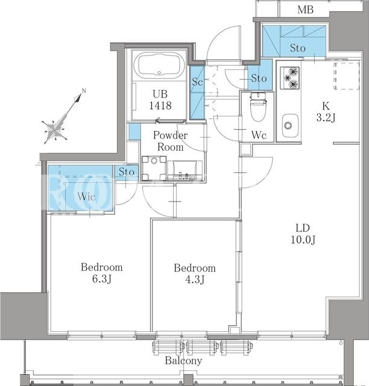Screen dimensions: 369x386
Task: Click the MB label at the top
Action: (305, 10)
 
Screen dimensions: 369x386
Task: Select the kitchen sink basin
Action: (290, 125)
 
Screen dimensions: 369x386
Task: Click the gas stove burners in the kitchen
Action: (291, 78)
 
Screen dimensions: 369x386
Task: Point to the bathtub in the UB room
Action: (159, 65)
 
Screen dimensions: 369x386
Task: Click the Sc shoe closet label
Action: (197, 82)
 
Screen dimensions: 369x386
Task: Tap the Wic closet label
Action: (86, 197)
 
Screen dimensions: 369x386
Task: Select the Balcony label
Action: (184, 361)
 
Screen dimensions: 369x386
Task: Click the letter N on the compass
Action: (84, 91)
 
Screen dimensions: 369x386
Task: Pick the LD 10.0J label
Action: (303, 234)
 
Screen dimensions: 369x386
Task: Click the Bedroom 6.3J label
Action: (102, 273)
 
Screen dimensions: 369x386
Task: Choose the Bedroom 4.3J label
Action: (195, 273)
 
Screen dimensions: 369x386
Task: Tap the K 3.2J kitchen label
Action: (326, 112)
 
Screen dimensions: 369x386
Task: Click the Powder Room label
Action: (171, 141)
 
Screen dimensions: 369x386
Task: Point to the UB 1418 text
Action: (160, 100)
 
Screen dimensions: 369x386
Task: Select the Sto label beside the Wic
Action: (127, 172)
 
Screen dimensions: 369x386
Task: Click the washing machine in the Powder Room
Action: (154, 168)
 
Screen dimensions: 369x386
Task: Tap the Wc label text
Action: (259, 135)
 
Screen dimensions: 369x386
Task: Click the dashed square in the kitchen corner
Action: (347, 76)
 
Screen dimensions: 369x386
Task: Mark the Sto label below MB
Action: (298, 48)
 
